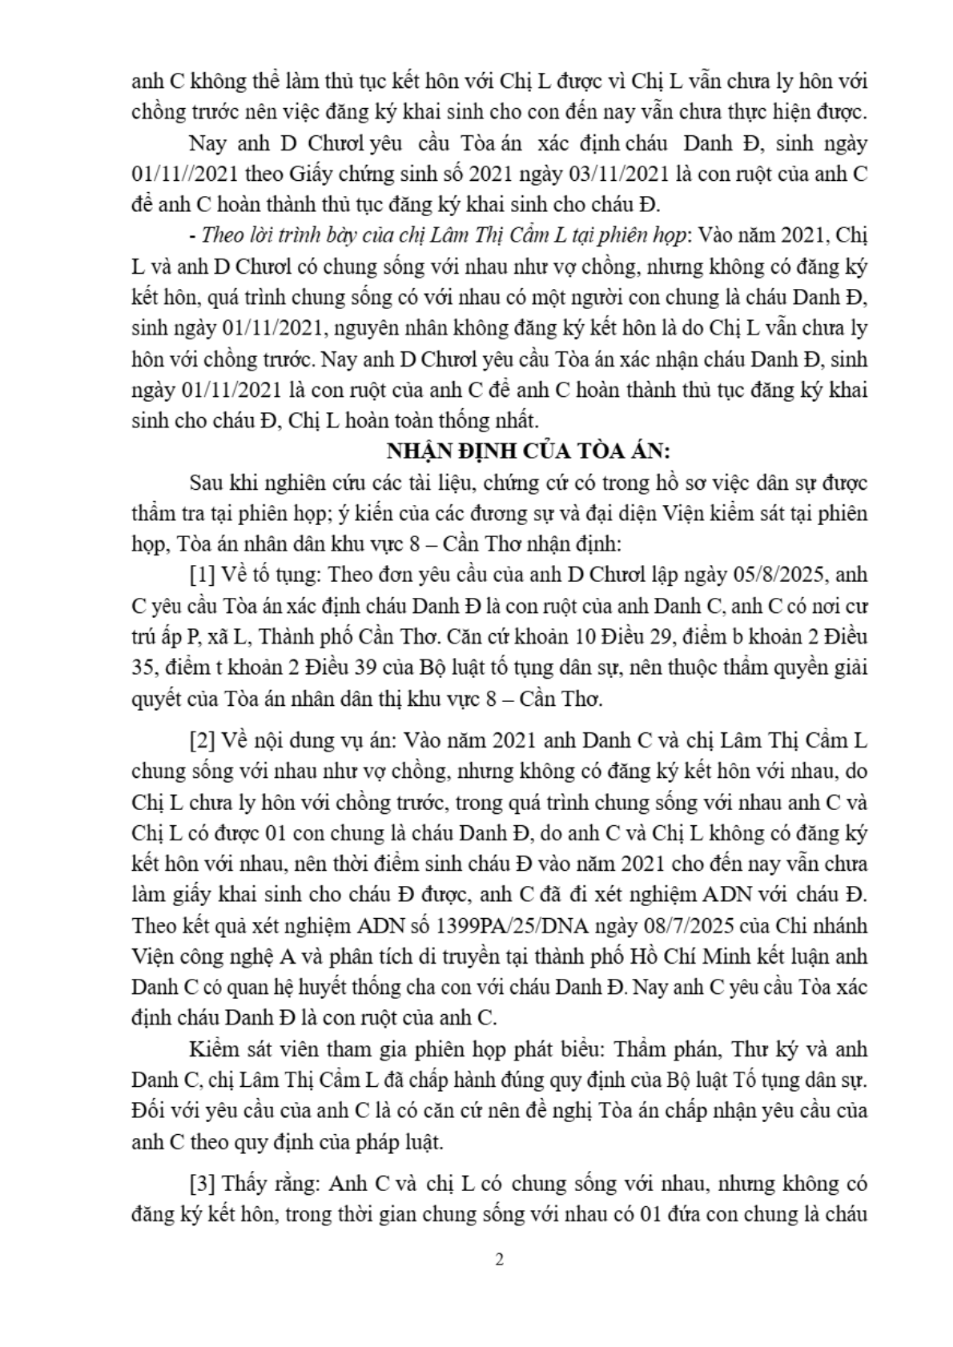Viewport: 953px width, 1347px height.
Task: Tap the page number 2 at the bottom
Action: (x=501, y=1259)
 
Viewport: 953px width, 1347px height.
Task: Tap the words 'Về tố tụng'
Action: (x=269, y=575)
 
